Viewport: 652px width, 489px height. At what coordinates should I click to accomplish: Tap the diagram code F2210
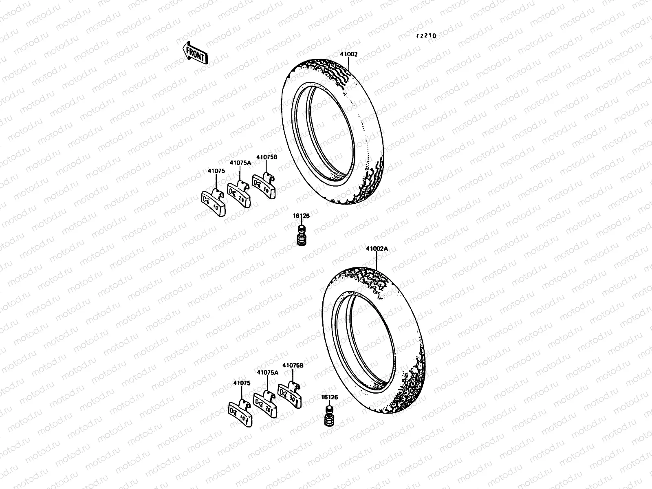(x=426, y=36)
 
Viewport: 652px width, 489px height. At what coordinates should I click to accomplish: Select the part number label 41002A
(x=377, y=249)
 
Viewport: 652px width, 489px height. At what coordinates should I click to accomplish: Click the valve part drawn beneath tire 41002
(x=301, y=237)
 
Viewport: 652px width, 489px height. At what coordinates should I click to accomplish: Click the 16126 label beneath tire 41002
(x=301, y=216)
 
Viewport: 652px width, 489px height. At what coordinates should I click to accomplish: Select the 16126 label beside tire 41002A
(x=329, y=396)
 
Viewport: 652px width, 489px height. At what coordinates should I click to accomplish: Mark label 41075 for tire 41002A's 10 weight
(x=242, y=383)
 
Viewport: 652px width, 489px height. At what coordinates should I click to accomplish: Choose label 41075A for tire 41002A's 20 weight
(x=267, y=372)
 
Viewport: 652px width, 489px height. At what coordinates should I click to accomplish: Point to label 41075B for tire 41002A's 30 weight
(x=293, y=366)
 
